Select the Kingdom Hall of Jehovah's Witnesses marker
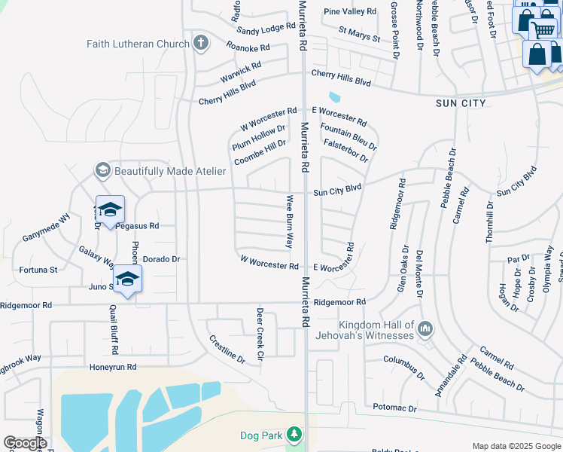coord(426,328)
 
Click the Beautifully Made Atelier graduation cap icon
coord(102,171)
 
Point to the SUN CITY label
coord(461,102)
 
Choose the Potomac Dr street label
coord(394,408)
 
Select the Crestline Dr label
coord(227,350)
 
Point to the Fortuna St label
coord(38,269)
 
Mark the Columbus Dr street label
coord(404,369)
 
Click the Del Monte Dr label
coord(419,273)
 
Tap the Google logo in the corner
coord(25,443)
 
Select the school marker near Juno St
coord(128,280)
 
